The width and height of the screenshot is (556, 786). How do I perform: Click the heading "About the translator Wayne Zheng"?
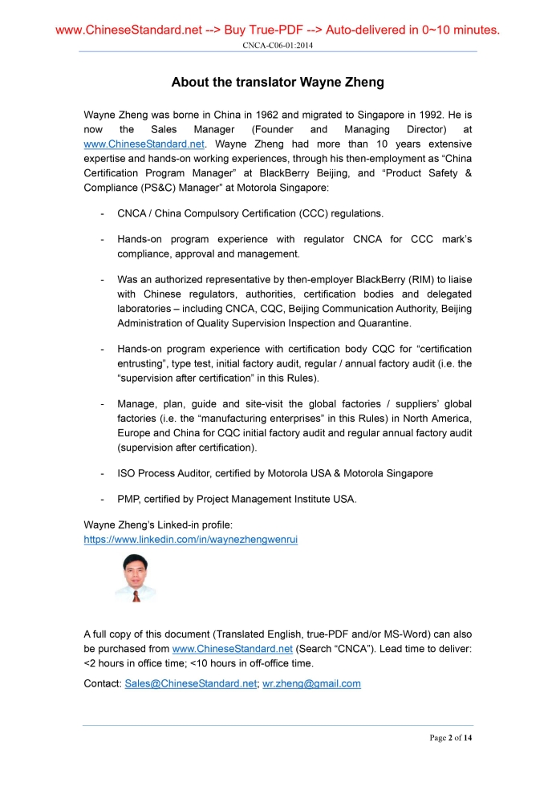pos(278,83)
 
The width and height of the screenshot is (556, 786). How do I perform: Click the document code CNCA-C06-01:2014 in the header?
pos(278,46)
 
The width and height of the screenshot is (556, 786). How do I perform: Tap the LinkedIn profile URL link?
pos(190,540)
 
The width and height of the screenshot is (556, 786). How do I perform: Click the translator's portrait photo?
pos(135,579)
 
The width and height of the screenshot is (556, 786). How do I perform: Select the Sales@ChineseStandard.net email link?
pos(191,683)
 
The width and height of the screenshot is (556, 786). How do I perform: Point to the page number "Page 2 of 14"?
pos(451,738)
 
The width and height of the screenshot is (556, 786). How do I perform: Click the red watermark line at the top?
pos(278,30)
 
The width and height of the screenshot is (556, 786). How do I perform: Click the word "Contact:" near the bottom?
pos(103,683)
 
